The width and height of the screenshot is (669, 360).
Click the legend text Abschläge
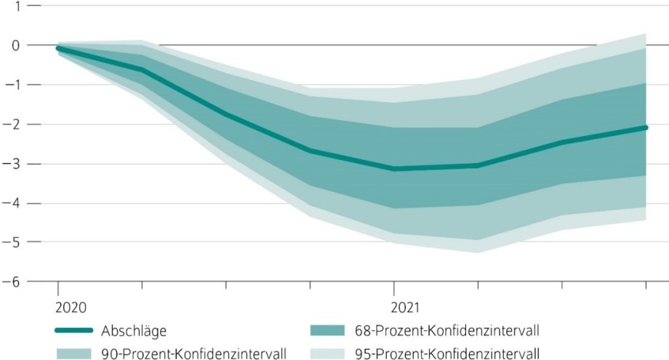tap(135, 331)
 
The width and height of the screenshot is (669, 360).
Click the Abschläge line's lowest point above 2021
tap(394, 169)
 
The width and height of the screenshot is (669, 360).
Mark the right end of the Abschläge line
tap(646, 127)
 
